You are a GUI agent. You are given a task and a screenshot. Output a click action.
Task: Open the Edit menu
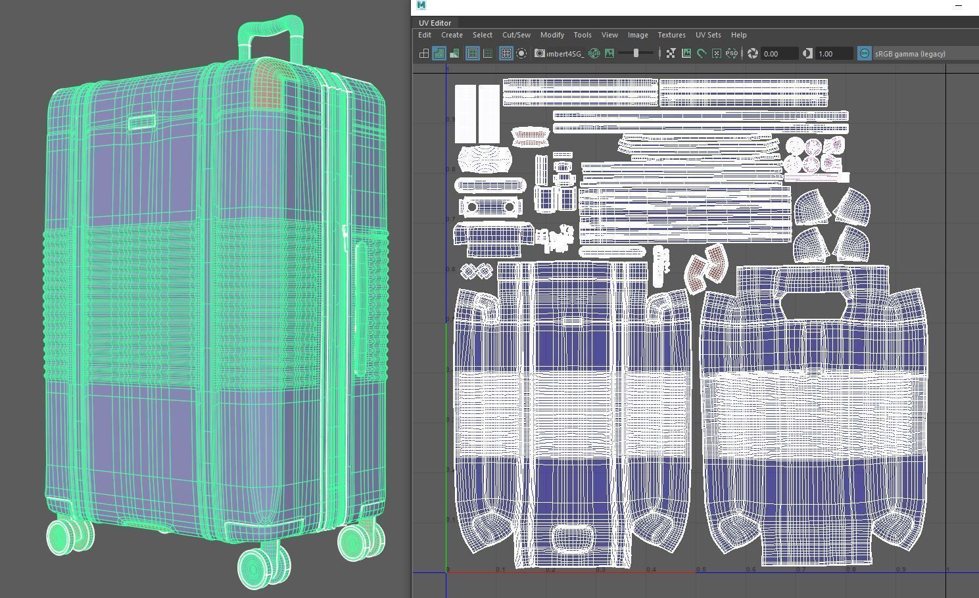coord(425,35)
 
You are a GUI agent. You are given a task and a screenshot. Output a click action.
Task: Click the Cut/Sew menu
coord(516,35)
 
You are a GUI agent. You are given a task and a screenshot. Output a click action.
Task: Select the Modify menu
coord(552,35)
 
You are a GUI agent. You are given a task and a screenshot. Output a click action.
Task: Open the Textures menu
coord(671,35)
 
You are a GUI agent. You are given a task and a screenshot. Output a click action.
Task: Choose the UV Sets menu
coord(708,35)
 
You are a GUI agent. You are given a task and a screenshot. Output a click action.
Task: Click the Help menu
coord(738,35)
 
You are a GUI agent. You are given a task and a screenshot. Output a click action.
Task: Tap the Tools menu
coord(582,35)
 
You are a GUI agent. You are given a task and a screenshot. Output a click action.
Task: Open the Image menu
coord(637,35)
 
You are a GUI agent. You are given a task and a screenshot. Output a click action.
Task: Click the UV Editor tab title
coord(435,23)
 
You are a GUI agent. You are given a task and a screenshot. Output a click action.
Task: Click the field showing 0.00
coord(778,54)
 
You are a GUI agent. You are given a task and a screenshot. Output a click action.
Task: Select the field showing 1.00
coord(833,54)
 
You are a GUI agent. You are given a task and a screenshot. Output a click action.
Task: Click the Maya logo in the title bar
coord(421,5)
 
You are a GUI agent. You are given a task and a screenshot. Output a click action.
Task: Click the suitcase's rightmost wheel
coord(358,540)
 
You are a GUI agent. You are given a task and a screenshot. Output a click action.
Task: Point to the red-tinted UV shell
coord(707,266)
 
